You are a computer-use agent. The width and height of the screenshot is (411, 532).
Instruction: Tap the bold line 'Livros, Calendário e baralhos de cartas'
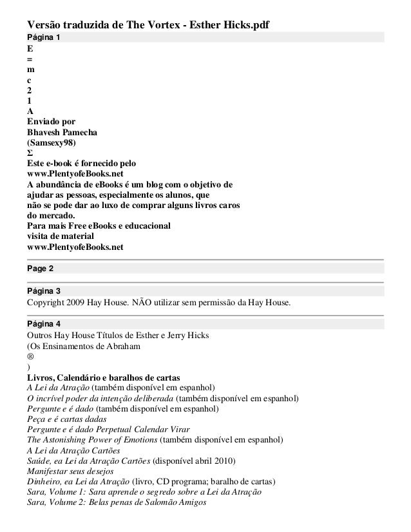pos(103,377)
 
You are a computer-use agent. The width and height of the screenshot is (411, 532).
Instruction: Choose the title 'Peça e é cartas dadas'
pos(66,419)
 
